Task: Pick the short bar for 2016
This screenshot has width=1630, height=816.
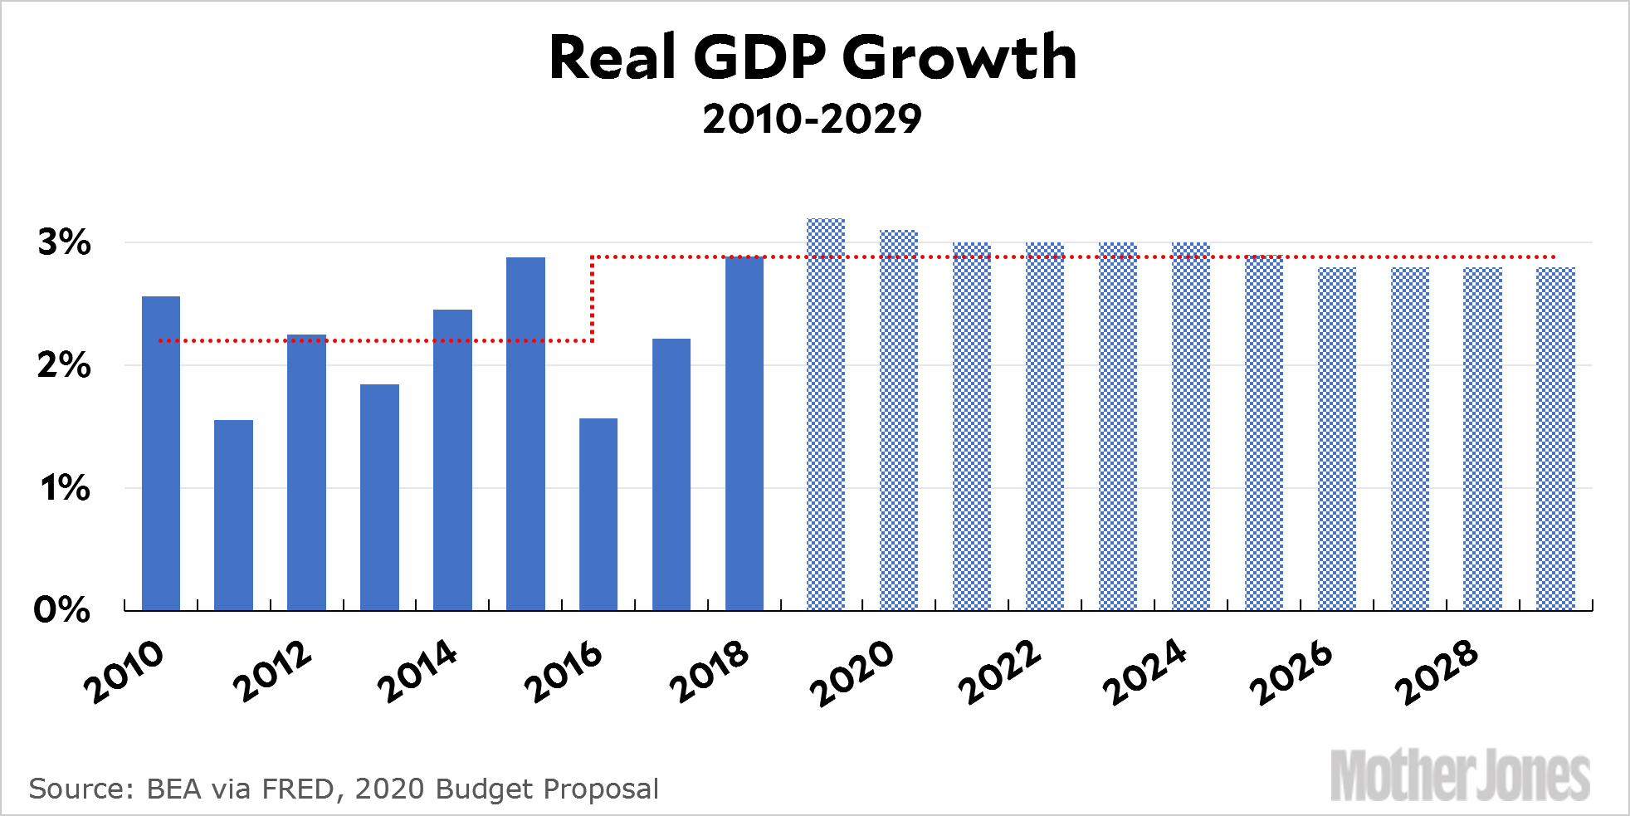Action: click(x=598, y=515)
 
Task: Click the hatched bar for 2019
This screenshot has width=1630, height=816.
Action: click(x=826, y=415)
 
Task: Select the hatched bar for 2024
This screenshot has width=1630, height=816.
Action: click(x=1191, y=427)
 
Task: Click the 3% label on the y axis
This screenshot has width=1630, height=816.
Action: click(x=64, y=242)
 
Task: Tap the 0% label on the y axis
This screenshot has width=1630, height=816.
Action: click(x=61, y=610)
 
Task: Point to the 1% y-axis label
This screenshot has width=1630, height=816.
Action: click(x=64, y=488)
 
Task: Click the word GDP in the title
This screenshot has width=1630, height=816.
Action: click(x=759, y=58)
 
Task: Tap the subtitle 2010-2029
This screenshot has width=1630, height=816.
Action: click(x=812, y=119)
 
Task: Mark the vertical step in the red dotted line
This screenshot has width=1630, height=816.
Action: click(x=592, y=299)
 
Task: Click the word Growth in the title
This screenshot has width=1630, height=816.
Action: click(x=959, y=58)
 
